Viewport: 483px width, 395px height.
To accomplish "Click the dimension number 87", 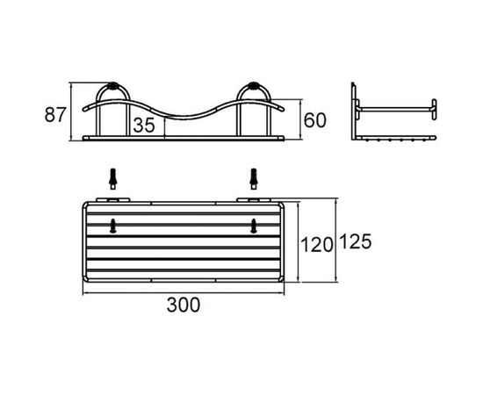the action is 55,114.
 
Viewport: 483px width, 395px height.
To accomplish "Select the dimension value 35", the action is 144,126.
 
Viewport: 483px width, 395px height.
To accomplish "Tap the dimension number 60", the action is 314,120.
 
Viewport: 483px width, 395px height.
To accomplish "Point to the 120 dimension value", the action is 317,245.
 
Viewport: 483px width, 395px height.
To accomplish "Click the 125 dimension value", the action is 356,241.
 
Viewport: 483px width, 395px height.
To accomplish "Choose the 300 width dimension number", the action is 184,305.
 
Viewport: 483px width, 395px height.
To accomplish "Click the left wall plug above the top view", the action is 113,179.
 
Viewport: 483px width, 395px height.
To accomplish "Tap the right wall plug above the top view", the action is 254,179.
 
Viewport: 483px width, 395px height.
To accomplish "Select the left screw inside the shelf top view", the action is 113,226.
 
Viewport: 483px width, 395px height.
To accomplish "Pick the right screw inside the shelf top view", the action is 254,226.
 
